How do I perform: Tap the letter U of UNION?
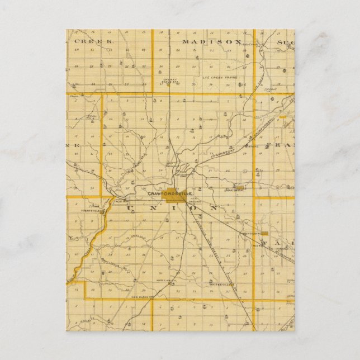(x=132, y=209)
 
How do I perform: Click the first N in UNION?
(x=151, y=209)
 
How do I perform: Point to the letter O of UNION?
(x=196, y=209)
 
